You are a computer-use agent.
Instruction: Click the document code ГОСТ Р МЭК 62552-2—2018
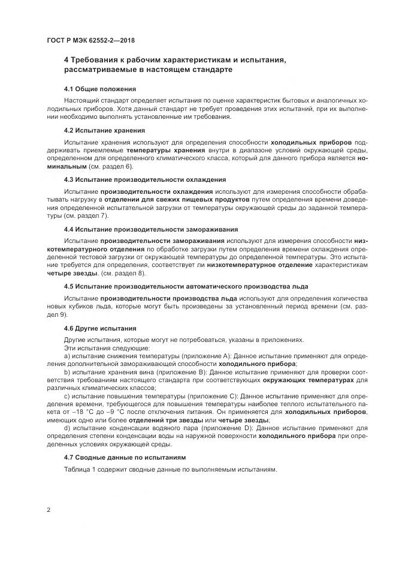[x=90, y=40]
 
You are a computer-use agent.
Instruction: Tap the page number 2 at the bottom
[x=47, y=509]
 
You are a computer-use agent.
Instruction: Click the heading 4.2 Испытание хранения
[x=104, y=130]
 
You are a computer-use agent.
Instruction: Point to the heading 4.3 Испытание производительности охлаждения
[x=144, y=179]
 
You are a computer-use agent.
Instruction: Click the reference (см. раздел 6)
[x=111, y=166]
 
